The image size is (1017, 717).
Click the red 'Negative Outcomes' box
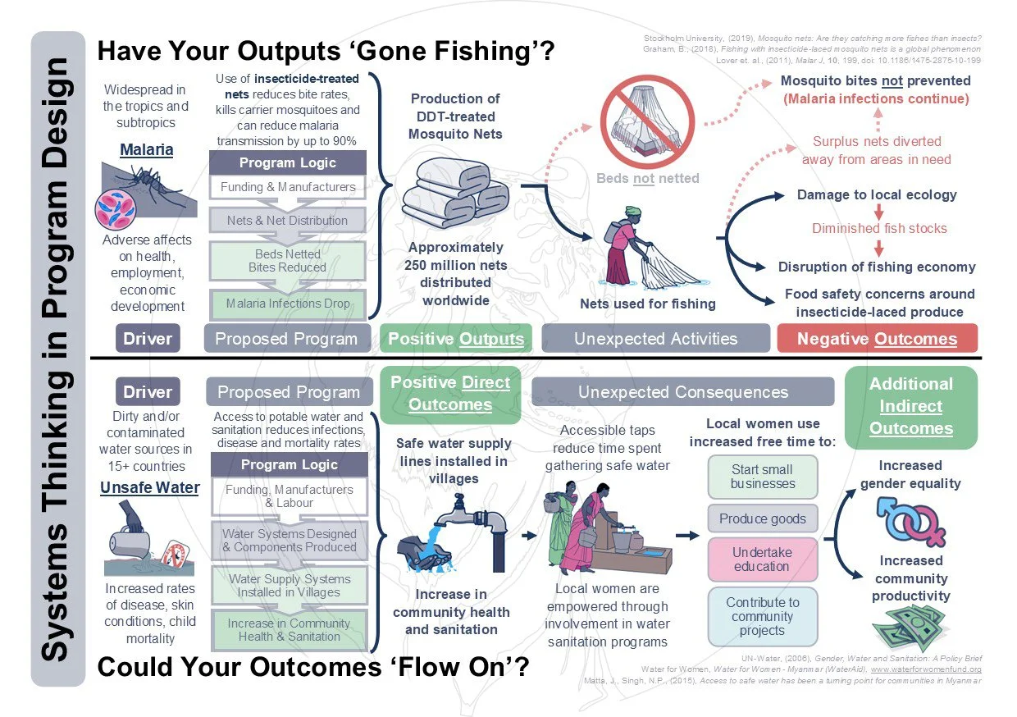877,338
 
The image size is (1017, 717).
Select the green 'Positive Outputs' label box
455,338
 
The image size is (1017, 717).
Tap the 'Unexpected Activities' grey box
655,338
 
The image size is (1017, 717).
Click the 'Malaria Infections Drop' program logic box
288,303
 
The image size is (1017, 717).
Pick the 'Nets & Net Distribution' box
288,220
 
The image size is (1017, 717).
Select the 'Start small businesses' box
763,477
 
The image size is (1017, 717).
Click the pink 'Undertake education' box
763,559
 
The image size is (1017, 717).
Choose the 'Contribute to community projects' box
763,616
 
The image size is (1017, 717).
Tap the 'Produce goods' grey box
763,518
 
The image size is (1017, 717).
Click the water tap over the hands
459,525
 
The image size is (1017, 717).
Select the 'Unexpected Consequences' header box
682,392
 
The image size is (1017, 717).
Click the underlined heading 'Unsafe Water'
149,488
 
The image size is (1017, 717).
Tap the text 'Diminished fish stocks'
879,229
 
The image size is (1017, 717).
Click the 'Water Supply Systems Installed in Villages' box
290,585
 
